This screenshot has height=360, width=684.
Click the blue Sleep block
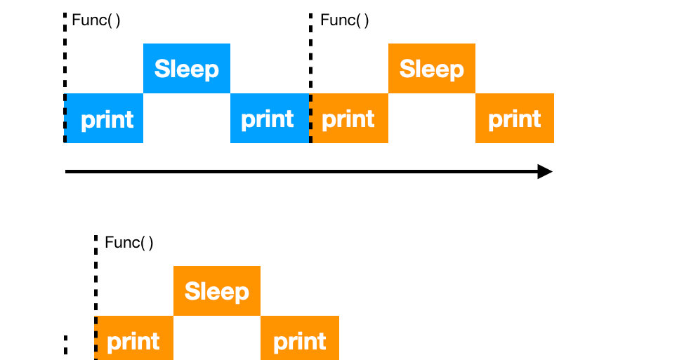click(x=187, y=69)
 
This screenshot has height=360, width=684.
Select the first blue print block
click(x=105, y=119)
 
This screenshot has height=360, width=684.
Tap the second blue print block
click(x=270, y=119)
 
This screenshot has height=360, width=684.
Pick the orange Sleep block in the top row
click(x=431, y=69)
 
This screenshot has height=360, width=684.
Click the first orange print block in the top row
click(x=349, y=119)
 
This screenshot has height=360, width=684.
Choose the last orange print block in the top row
click(x=515, y=119)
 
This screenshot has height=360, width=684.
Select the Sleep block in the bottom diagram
click(x=216, y=291)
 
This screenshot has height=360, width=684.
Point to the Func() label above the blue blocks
click(x=96, y=20)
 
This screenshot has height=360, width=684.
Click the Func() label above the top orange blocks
click(x=344, y=20)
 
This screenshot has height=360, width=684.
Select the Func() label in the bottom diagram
click(x=129, y=243)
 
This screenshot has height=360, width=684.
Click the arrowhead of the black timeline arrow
click(x=546, y=171)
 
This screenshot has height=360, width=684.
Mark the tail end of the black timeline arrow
click(x=67, y=171)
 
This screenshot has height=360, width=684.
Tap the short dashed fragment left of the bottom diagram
click(x=65, y=346)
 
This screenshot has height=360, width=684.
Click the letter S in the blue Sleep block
click(x=162, y=69)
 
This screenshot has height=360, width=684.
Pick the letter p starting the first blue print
click(x=88, y=121)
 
